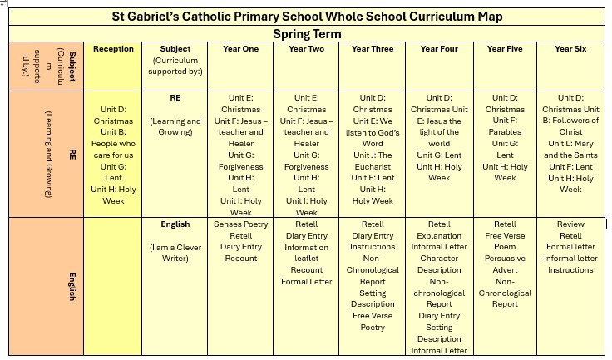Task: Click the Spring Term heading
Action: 307,34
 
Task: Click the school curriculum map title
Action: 307,17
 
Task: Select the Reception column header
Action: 113,49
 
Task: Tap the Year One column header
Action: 240,49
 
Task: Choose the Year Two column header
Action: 306,49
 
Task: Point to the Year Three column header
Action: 373,49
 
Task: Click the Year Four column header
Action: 439,49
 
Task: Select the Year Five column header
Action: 505,49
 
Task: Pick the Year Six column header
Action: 570,49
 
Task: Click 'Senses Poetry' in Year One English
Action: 240,224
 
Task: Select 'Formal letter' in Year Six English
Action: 570,247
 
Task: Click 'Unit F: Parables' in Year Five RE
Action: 505,126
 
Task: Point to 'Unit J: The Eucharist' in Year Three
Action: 373,160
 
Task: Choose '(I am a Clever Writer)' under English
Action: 175,253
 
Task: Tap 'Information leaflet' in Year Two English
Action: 306,253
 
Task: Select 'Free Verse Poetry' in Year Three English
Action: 373,322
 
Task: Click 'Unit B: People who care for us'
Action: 113,143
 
